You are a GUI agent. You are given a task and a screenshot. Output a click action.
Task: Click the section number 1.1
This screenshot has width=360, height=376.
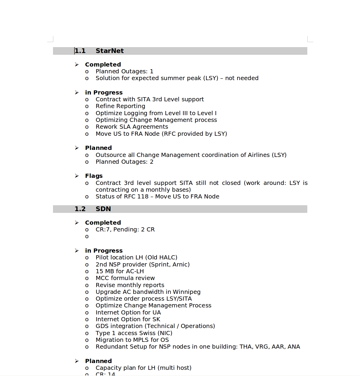tap(80, 51)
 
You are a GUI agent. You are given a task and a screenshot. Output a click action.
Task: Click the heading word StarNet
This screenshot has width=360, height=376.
tap(110, 51)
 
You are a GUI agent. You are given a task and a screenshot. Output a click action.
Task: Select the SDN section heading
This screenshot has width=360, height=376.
tap(103, 209)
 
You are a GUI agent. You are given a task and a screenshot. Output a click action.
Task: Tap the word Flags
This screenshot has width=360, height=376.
tap(94, 176)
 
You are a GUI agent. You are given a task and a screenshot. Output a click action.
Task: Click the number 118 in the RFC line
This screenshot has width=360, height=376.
tap(143, 196)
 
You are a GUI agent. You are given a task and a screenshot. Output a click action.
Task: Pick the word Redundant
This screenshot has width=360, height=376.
tap(112, 347)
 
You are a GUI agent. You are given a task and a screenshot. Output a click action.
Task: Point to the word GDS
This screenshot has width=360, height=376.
tap(102, 326)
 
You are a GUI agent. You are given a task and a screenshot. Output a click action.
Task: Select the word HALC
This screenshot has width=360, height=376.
tap(167, 257)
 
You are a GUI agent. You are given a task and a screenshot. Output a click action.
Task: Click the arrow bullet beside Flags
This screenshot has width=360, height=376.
tap(77, 176)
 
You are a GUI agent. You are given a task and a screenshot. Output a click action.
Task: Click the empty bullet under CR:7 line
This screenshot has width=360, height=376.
tap(87, 236)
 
